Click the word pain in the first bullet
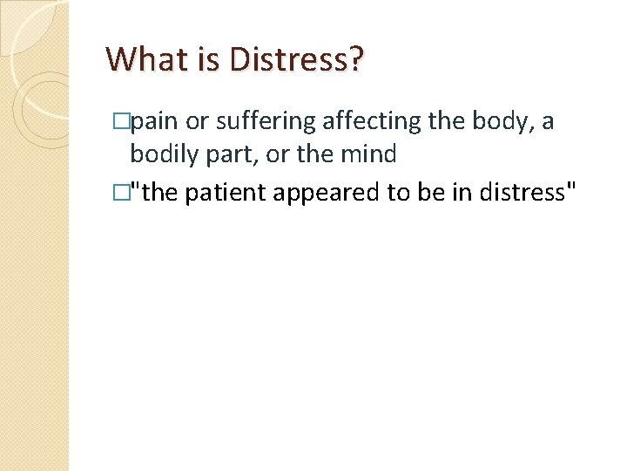pyautogui.click(x=154, y=122)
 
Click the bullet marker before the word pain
pyautogui.click(x=122, y=122)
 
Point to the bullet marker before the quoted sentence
pyautogui.click(x=122, y=192)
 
